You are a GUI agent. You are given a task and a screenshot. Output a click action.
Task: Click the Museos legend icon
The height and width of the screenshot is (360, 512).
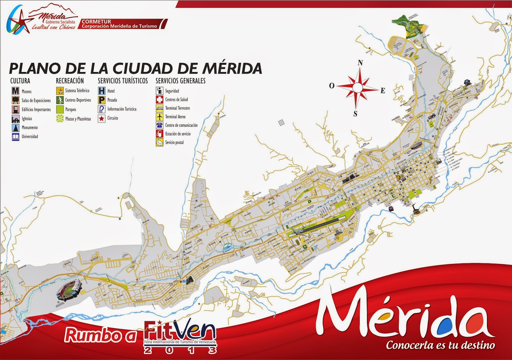point(15,91)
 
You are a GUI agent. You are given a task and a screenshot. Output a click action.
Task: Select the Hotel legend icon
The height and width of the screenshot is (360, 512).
point(102,91)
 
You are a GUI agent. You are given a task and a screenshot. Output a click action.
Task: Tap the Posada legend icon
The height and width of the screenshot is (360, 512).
point(102,100)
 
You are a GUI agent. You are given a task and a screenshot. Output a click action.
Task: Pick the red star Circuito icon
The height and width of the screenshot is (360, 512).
point(102,118)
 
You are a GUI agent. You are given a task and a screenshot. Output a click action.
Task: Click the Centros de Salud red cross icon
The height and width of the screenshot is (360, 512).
point(159,100)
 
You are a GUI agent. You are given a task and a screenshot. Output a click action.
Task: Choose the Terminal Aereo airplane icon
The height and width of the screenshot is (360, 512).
point(159,117)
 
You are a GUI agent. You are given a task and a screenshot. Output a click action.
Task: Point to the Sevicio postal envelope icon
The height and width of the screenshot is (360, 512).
point(159,142)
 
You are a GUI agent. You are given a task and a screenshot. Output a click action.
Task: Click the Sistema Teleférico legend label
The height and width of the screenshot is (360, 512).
point(77,91)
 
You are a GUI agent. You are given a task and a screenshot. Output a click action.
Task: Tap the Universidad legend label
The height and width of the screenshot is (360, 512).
point(30,137)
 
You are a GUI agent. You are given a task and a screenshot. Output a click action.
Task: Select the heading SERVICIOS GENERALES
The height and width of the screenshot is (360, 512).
point(180,81)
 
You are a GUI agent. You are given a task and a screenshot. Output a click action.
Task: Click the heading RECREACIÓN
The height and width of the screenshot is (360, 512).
point(70,81)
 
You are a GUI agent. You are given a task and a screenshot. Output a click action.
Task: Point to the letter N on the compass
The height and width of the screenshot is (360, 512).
point(360,63)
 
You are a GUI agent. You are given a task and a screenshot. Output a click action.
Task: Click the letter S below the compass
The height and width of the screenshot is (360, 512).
point(355,114)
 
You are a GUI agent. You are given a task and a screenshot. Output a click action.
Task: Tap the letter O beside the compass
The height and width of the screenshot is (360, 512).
point(332,85)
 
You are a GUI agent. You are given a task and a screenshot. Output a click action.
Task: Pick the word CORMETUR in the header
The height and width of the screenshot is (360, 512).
point(96,21)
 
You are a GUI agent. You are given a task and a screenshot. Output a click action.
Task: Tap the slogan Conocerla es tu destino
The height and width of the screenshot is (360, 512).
point(440,345)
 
